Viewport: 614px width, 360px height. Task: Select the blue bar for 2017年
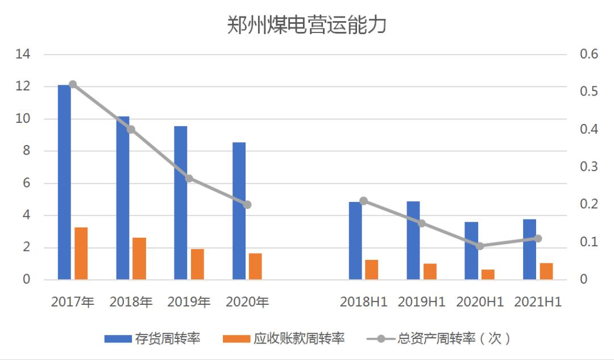64,182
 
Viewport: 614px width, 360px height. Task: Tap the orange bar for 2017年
81,254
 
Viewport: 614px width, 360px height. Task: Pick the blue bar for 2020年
239,211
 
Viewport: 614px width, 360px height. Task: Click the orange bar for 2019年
197,264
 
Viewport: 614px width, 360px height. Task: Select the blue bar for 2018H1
355,241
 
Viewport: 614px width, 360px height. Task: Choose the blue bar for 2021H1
529,249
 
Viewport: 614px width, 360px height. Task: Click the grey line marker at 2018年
131,130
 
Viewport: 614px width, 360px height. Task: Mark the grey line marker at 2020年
247,205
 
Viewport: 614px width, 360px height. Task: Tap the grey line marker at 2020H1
480,246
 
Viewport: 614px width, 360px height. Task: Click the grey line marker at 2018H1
364,201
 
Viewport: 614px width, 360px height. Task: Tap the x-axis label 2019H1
421,302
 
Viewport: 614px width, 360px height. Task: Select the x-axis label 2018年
131,302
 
